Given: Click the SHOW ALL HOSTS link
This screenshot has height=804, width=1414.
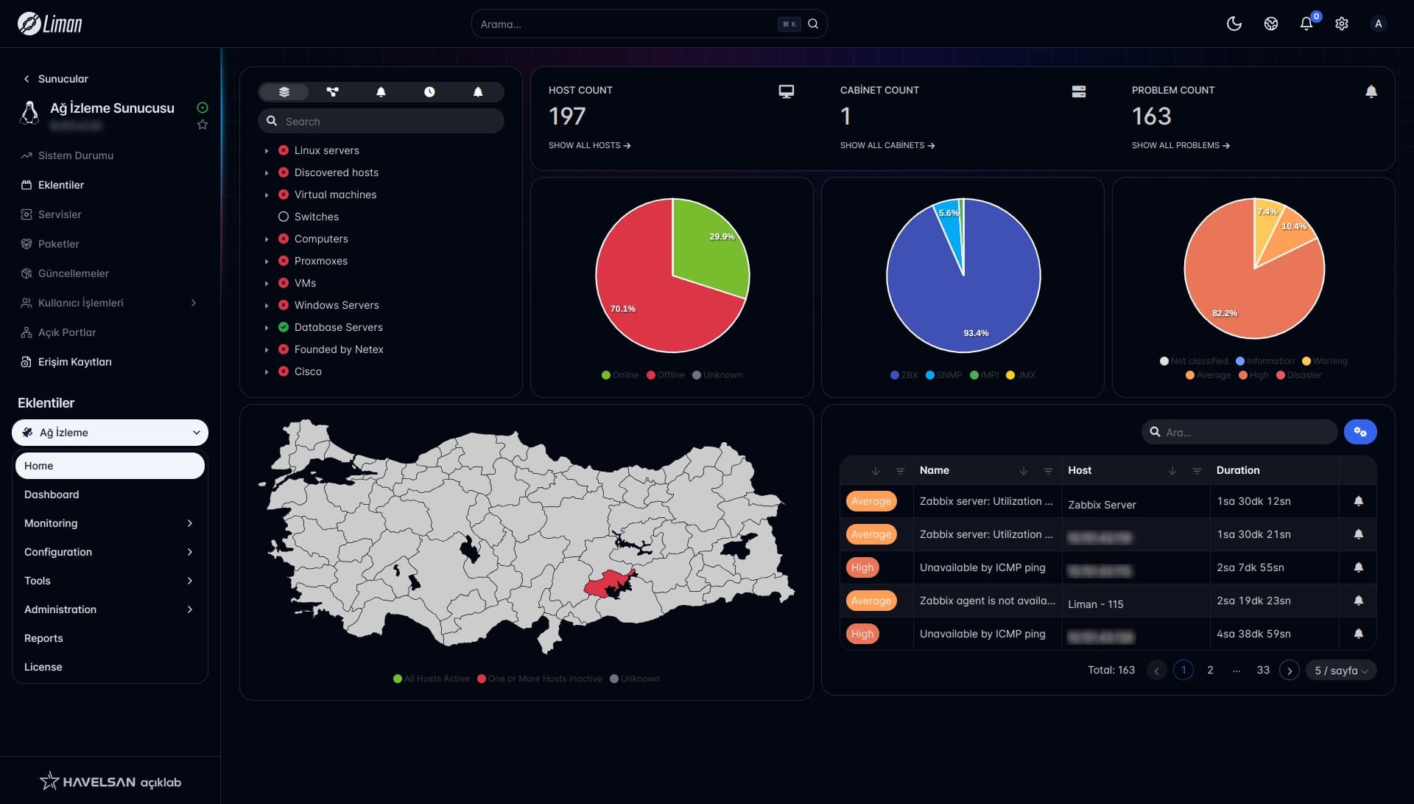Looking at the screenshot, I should tap(589, 145).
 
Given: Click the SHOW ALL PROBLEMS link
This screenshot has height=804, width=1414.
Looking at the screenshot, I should tap(1180, 145).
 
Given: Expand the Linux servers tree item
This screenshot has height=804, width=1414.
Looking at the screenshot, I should tap(267, 150).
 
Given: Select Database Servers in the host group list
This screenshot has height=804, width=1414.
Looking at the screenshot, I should tap(338, 327).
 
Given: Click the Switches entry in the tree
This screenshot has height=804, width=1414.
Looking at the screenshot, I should tap(316, 217).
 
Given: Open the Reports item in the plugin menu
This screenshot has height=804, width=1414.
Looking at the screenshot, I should tap(43, 638).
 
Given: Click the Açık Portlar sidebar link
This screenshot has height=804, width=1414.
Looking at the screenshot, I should tap(67, 332).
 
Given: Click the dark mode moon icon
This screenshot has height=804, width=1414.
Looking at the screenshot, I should tap(1234, 24).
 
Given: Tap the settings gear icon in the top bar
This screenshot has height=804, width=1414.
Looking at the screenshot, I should tap(1342, 24).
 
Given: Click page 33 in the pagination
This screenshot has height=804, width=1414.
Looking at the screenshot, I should tap(1263, 670).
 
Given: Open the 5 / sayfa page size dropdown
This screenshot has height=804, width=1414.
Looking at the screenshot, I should tap(1341, 671).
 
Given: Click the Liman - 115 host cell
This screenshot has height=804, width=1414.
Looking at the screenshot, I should tap(1095, 604).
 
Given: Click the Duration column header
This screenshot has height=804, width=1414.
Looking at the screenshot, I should tap(1238, 470).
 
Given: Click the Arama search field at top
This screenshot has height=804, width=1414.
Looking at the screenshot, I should tap(626, 24).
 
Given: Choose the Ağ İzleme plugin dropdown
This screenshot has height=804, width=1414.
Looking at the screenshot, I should tap(110, 433).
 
